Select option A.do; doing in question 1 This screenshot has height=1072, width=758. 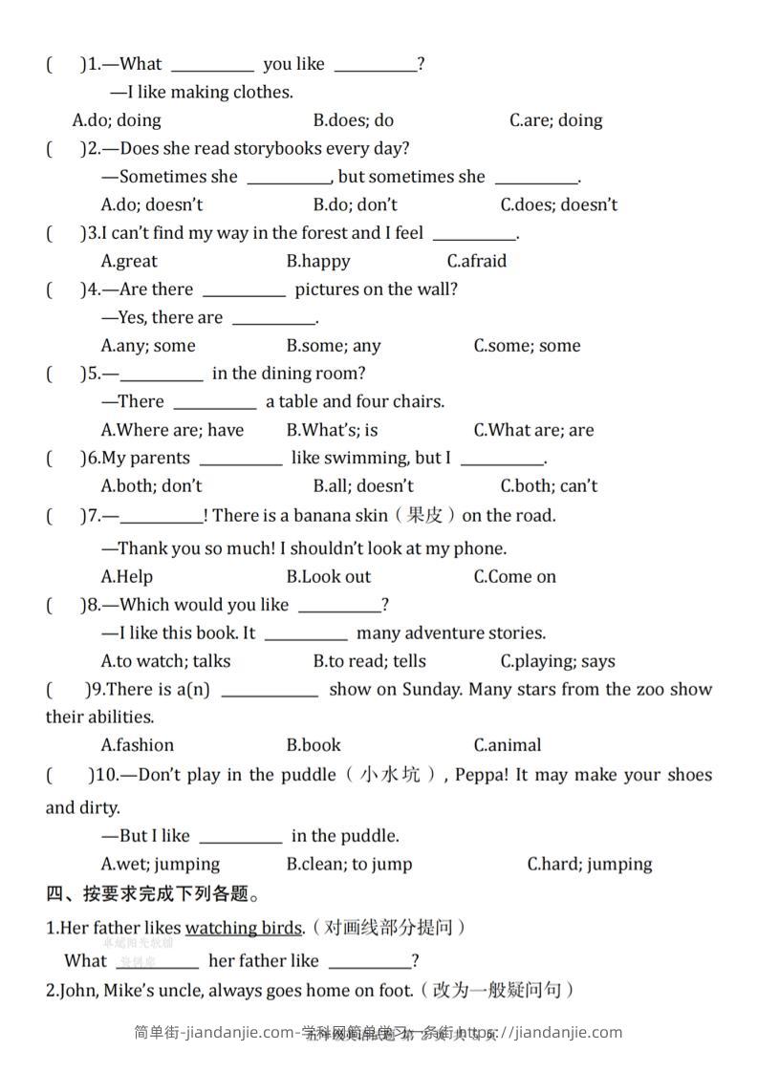[x=117, y=120]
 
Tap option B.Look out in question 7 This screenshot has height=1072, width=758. [x=328, y=576]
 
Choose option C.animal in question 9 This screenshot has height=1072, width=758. [x=507, y=745]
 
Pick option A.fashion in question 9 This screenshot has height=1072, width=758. [x=137, y=745]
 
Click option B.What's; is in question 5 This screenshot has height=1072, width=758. [x=332, y=430]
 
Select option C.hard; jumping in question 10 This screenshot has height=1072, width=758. [x=589, y=864]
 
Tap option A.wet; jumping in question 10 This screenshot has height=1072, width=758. [x=160, y=864]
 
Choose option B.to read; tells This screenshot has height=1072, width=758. [x=369, y=661]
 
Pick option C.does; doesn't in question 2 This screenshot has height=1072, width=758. [x=558, y=204]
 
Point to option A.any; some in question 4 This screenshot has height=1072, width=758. [x=147, y=346]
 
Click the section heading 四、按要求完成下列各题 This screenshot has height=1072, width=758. [x=153, y=895]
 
